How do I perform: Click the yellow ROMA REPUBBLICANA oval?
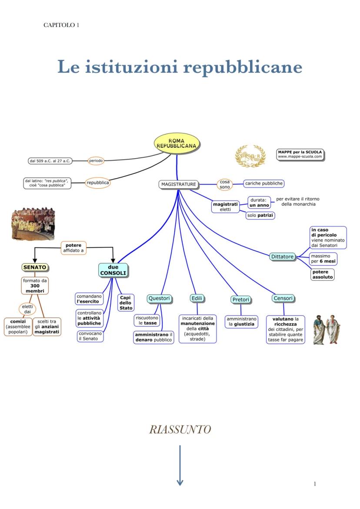pyautogui.click(x=177, y=143)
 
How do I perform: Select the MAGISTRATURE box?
pyautogui.click(x=179, y=184)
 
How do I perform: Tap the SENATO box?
pyautogui.click(x=34, y=267)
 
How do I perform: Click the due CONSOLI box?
pyautogui.click(x=113, y=270)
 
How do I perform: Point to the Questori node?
pyautogui.click(x=159, y=298)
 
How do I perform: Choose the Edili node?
pyautogui.click(x=197, y=298)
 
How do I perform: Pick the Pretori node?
pyautogui.click(x=240, y=299)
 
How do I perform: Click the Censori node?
pyautogui.click(x=283, y=298)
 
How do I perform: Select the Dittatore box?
pyautogui.click(x=283, y=256)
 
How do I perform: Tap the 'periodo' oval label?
pyautogui.click(x=96, y=161)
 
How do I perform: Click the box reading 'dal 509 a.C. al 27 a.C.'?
pyautogui.click(x=50, y=161)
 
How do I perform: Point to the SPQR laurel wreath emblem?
pyautogui.click(x=250, y=156)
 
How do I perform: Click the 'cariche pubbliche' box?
pyautogui.click(x=264, y=183)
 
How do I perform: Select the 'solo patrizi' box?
pyautogui.click(x=260, y=215)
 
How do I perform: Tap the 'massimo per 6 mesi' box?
pyautogui.click(x=323, y=259)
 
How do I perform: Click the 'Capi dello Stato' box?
pyautogui.click(x=126, y=303)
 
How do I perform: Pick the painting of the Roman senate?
pyautogui.click(x=33, y=224)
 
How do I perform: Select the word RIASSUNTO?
pyautogui.click(x=180, y=429)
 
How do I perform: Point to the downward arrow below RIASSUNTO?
pyautogui.click(x=180, y=465)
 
